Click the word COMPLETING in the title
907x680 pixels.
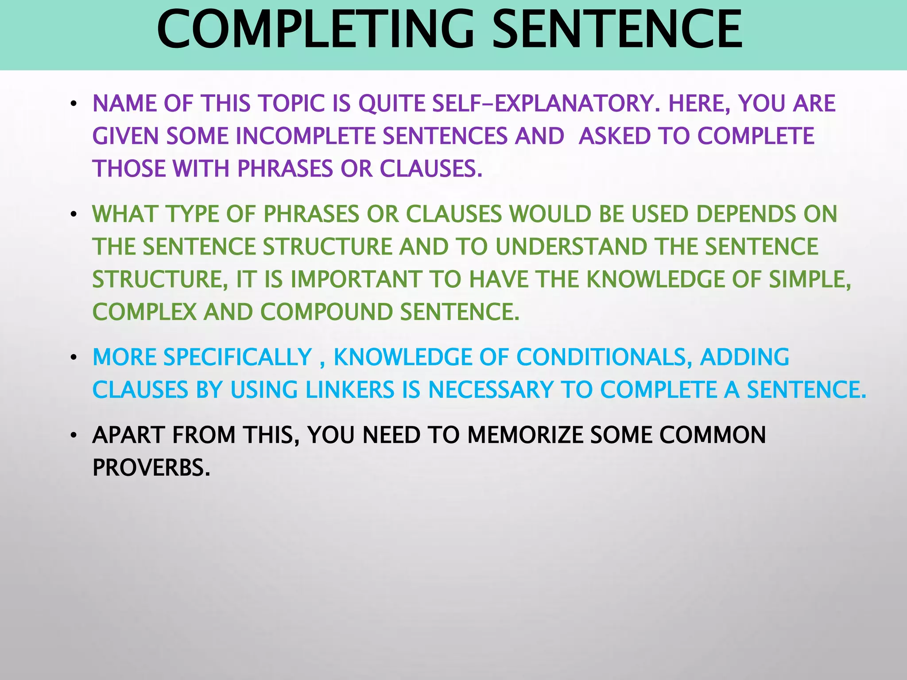pyautogui.click(x=319, y=30)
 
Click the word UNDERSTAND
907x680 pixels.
pyautogui.click(x=571, y=247)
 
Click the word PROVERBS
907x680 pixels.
pyautogui.click(x=151, y=467)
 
